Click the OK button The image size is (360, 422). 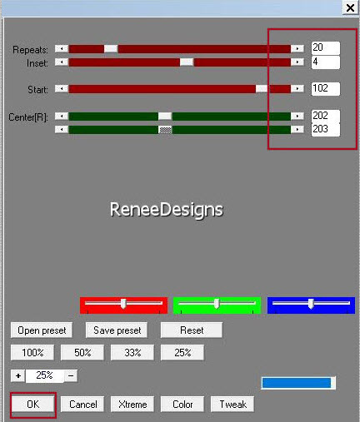(33, 405)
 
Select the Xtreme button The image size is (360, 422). (132, 405)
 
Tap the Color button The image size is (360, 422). (182, 405)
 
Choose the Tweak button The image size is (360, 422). (232, 405)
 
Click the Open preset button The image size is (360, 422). (42, 330)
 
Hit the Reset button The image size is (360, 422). (192, 330)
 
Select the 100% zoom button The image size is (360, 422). (32, 353)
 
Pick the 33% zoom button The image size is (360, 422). (132, 353)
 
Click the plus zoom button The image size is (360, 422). (18, 376)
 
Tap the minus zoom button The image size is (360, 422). (71, 376)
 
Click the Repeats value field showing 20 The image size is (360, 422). (326, 47)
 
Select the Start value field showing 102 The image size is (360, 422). (326, 89)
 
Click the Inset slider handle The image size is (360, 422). (187, 62)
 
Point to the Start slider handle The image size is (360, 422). (262, 89)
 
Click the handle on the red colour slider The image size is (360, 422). (123, 304)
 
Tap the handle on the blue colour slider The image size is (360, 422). (311, 304)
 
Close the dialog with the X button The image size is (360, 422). (350, 7)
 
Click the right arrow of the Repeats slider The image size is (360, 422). (297, 48)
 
